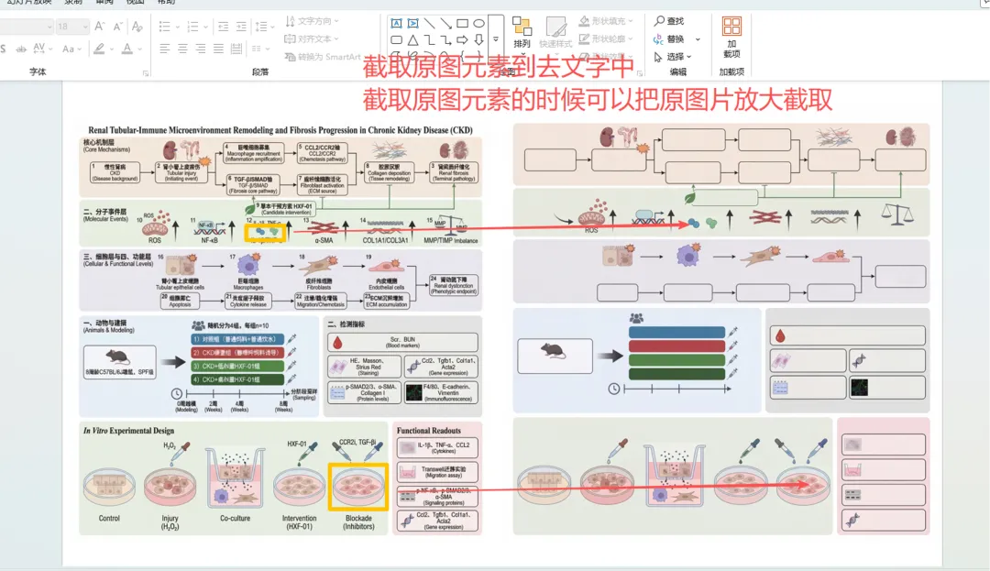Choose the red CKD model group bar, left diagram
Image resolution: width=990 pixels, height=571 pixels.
[238, 352]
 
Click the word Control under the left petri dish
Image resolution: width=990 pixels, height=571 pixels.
[110, 519]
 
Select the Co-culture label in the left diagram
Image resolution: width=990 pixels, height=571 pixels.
[236, 519]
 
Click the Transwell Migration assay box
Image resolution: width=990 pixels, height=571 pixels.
[436, 472]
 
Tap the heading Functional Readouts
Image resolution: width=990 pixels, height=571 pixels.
[429, 430]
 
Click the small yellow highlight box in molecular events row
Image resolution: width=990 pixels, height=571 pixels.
[267, 232]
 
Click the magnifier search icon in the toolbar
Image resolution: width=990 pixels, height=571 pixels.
[658, 21]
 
